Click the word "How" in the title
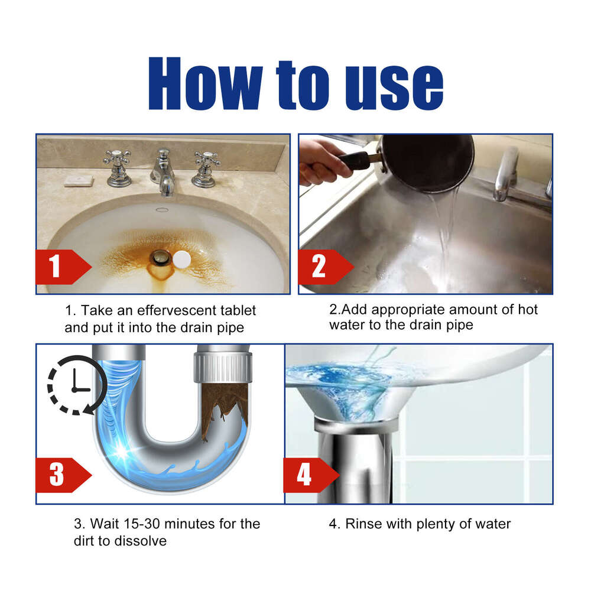tap(204, 85)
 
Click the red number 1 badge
tap(57, 267)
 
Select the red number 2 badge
tap(319, 267)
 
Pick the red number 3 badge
tap(57, 475)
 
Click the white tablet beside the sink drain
tap(182, 258)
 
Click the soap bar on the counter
tap(79, 180)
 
